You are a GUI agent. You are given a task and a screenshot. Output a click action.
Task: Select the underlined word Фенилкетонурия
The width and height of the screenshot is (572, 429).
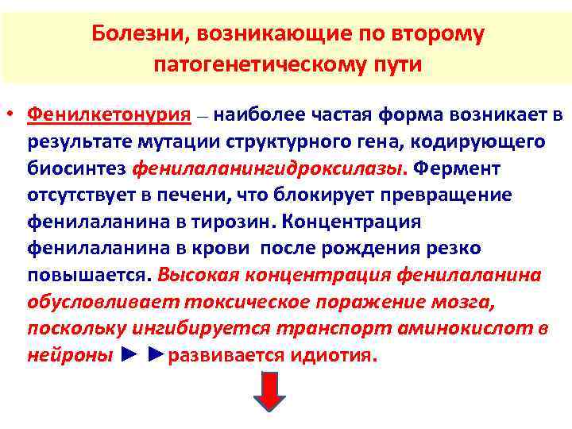[x=110, y=114]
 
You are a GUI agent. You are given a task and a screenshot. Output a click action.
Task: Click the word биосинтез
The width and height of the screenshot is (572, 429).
[x=76, y=168]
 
